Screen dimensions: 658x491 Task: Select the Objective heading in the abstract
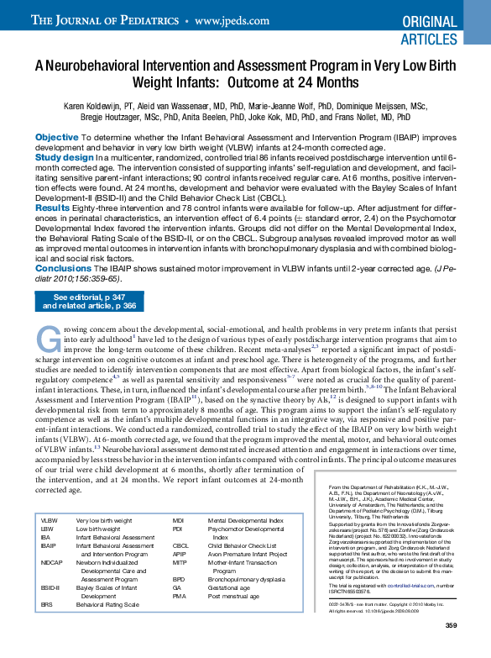pos(57,137)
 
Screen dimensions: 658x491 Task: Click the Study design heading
pos(64,157)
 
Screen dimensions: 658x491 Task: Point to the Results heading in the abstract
pos(52,208)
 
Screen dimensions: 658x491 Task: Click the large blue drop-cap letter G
pos(46,338)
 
